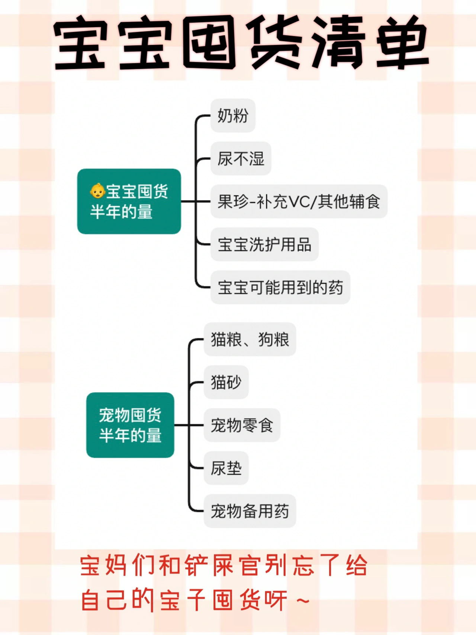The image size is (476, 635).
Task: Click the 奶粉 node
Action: point(233,116)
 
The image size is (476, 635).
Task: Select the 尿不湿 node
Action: point(241,159)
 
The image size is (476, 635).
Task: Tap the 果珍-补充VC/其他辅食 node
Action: point(299,202)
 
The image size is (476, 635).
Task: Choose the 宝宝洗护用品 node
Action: point(264,245)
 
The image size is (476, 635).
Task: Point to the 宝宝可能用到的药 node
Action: point(280,287)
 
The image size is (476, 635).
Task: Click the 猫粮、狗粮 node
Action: point(250,339)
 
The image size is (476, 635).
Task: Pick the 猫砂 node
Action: point(226,382)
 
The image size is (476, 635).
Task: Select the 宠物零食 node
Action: point(242,425)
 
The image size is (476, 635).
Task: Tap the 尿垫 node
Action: point(226,468)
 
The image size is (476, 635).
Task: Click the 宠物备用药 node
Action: point(250,511)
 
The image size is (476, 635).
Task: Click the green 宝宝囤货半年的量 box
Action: point(129,201)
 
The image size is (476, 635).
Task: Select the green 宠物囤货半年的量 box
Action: point(130,425)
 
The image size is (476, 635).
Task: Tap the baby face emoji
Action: point(97,191)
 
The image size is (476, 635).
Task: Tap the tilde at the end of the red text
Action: point(303,600)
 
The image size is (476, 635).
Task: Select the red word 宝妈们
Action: point(117,565)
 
